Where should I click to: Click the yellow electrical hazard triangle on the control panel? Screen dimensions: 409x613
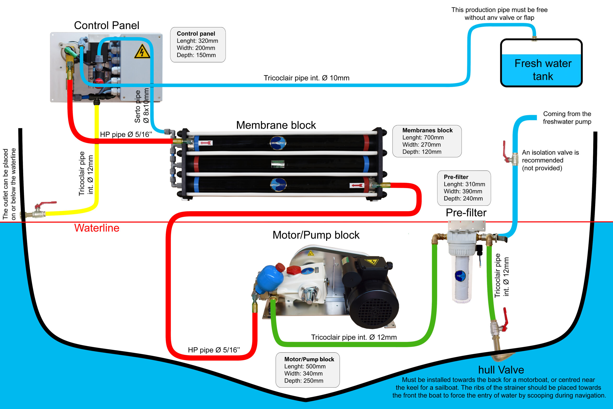142,52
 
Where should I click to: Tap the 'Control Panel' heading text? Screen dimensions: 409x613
107,26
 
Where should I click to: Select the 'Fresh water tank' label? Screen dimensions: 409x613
543,70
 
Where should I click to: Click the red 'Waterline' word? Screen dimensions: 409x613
97,228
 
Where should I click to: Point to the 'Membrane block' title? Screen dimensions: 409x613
276,125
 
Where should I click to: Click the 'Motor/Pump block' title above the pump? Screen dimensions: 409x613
316,235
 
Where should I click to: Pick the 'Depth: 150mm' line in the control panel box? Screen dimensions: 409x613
196,55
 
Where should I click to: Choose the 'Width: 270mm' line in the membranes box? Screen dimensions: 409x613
421,144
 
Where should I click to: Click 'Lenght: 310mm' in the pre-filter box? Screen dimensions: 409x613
464,184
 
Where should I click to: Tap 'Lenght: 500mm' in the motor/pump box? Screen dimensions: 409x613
305,367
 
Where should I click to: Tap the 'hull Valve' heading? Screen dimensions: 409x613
501,370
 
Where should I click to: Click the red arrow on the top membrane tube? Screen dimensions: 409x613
206,143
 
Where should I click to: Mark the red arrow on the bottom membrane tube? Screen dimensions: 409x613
357,185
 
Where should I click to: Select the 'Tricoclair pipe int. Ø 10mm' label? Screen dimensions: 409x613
306,78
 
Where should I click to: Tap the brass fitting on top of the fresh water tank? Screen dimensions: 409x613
534,38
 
